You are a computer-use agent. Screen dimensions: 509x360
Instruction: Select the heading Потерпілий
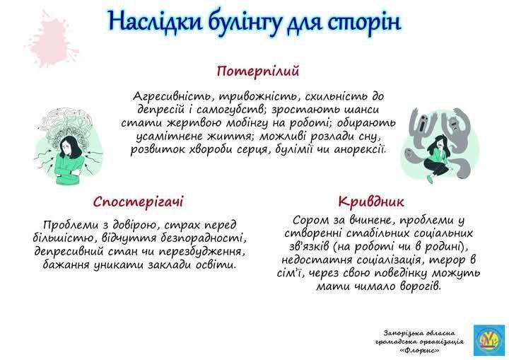pyautogui.click(x=258, y=71)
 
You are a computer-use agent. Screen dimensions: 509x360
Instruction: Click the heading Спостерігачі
pyautogui.click(x=139, y=202)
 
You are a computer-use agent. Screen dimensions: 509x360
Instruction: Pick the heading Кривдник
pyautogui.click(x=371, y=202)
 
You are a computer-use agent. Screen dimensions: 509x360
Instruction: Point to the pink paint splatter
pyautogui.click(x=52, y=40)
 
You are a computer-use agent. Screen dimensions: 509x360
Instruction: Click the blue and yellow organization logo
pyautogui.click(x=489, y=340)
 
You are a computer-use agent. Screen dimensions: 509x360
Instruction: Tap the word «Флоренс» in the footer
pyautogui.click(x=421, y=351)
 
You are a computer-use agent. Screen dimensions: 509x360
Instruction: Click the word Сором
pyautogui.click(x=310, y=220)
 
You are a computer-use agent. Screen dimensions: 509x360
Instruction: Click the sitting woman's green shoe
pyautogui.click(x=430, y=179)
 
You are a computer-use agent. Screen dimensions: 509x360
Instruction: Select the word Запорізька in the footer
pyautogui.click(x=401, y=334)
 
